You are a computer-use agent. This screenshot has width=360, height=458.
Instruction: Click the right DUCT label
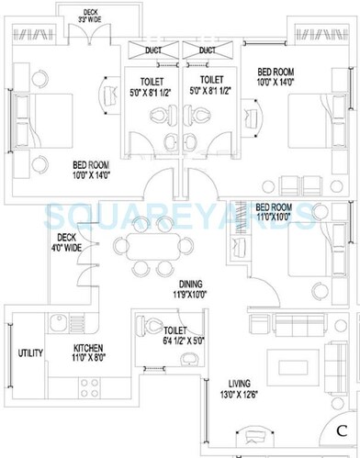[x=207, y=50]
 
